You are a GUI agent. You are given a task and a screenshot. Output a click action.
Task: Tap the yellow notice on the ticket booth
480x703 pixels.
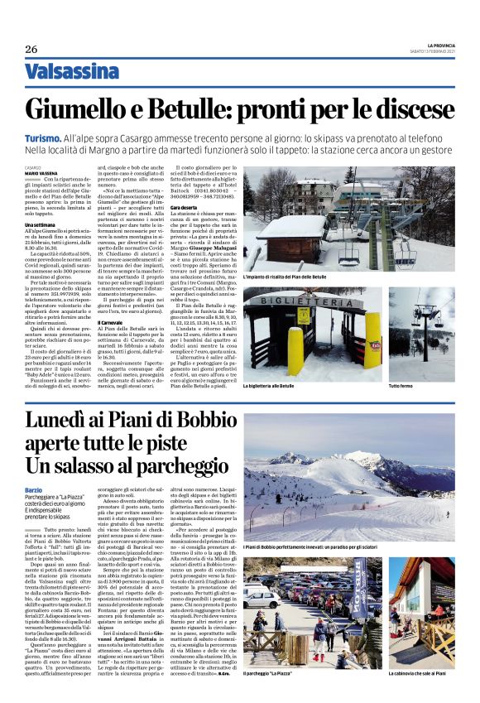[301, 337]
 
